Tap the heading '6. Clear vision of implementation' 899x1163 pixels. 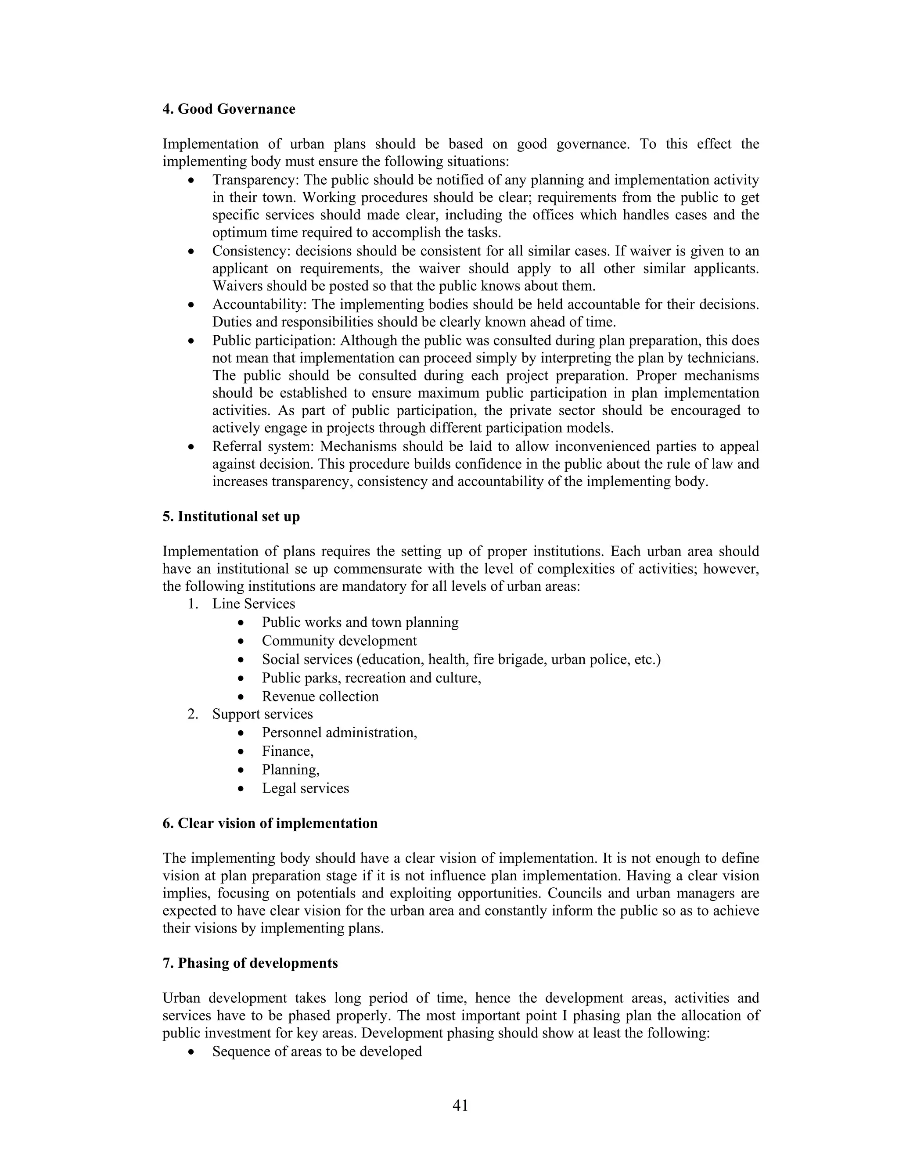(x=270, y=823)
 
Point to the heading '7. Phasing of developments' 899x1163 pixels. (x=250, y=963)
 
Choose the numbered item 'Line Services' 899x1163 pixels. (x=254, y=604)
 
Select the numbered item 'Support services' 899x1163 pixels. (x=263, y=714)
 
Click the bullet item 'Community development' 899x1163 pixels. (x=339, y=641)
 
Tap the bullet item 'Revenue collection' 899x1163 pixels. (x=320, y=696)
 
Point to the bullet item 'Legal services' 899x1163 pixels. (x=305, y=788)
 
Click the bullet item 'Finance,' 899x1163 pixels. (x=288, y=751)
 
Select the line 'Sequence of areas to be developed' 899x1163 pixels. (x=317, y=1052)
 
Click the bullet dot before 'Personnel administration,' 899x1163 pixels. (x=242, y=733)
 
